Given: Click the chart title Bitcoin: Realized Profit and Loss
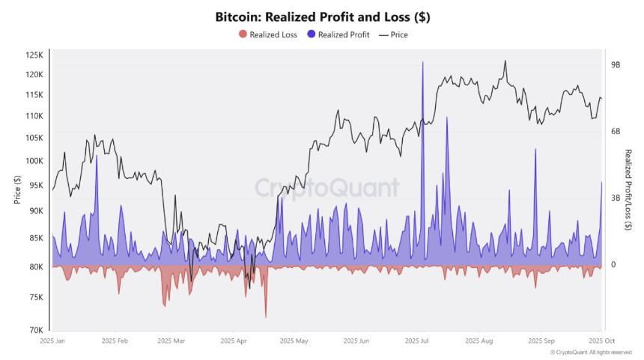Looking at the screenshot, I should click(x=322, y=16).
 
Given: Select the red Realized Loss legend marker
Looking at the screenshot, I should click(x=241, y=34).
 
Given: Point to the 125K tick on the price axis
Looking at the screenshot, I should click(x=34, y=55).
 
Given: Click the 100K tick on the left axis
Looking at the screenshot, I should click(x=34, y=161).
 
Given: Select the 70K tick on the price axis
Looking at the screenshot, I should click(x=35, y=330).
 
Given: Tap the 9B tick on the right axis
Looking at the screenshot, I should click(x=616, y=65).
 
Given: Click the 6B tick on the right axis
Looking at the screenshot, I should click(x=616, y=132).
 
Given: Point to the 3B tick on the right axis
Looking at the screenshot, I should click(x=616, y=198).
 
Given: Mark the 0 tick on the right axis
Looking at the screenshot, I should click(x=613, y=265).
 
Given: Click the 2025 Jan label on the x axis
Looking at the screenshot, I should click(x=52, y=341).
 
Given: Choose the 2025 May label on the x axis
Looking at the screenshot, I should click(x=294, y=341).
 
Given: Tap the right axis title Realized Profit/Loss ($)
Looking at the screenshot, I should click(x=628, y=189).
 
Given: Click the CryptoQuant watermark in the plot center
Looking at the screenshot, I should click(x=326, y=187).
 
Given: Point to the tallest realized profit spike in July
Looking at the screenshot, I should click(x=423, y=63).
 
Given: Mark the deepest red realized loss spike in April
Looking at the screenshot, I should click(x=266, y=317).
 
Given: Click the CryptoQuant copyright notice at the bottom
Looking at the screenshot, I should click(x=591, y=352).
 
